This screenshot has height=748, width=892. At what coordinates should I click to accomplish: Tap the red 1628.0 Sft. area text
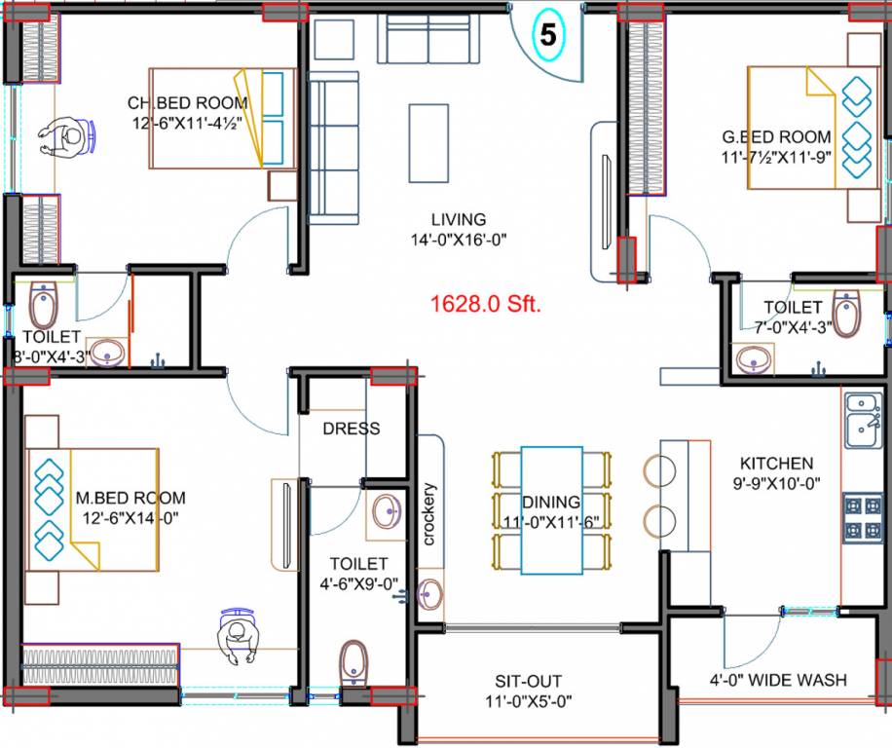point(486,304)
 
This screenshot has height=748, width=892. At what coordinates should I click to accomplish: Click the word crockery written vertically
point(428,514)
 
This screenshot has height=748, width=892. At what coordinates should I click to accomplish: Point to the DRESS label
point(351,429)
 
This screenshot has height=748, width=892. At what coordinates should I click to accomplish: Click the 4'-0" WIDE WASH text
point(777,680)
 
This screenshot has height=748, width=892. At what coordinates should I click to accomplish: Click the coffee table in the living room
point(428,142)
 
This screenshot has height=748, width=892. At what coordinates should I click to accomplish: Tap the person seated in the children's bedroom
point(67,138)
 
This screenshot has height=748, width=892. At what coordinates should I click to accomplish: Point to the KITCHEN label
point(776,464)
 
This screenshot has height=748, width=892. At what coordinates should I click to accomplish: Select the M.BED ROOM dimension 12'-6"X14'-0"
point(127,516)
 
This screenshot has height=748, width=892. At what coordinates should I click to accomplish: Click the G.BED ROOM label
point(776,137)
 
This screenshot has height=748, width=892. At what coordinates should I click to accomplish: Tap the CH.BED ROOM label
point(187,103)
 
